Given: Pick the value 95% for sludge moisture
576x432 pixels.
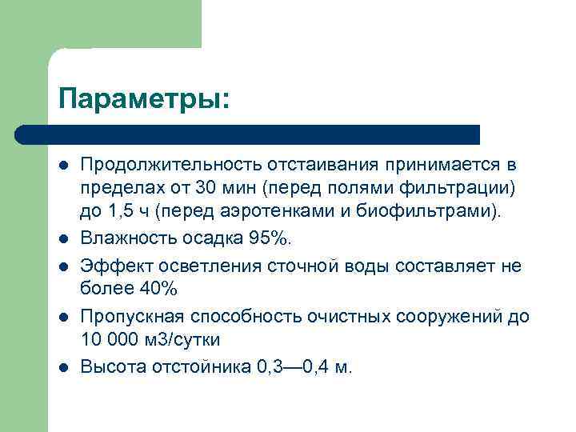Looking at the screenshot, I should point(270,238).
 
